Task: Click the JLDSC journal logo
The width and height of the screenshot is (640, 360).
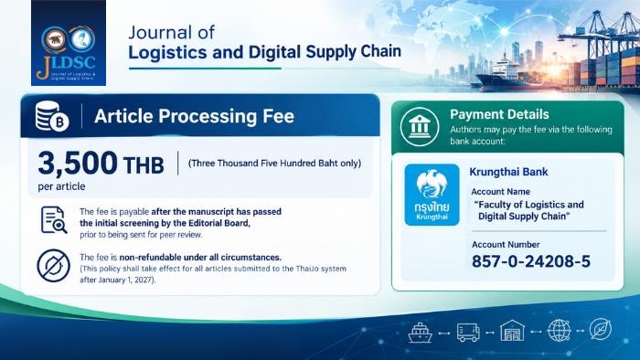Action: [69, 43]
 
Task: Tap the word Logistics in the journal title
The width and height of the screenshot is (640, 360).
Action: [167, 53]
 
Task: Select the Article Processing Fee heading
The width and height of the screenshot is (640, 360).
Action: [194, 116]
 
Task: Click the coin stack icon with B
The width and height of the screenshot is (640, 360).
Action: [52, 116]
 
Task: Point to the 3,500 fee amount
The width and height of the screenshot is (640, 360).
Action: [78, 163]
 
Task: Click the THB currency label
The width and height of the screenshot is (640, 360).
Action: [144, 165]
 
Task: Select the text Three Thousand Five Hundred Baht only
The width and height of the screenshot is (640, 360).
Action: [274, 164]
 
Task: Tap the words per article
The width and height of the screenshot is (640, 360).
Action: [61, 186]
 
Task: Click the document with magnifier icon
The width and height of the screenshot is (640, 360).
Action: [54, 220]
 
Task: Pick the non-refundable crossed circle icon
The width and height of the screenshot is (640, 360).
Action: [53, 266]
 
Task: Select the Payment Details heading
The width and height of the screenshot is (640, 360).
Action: [499, 114]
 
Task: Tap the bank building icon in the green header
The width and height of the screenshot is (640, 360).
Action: [420, 127]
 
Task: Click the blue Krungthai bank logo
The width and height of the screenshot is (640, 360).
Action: [432, 195]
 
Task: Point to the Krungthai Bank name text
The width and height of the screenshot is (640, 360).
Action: [508, 172]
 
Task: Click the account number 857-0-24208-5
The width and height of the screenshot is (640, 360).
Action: [531, 261]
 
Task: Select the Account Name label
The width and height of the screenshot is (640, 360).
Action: [500, 192]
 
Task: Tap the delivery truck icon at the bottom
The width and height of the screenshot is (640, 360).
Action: [468, 333]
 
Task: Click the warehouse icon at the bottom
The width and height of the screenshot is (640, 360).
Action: [512, 331]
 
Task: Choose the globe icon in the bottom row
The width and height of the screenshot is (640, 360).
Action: [559, 330]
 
